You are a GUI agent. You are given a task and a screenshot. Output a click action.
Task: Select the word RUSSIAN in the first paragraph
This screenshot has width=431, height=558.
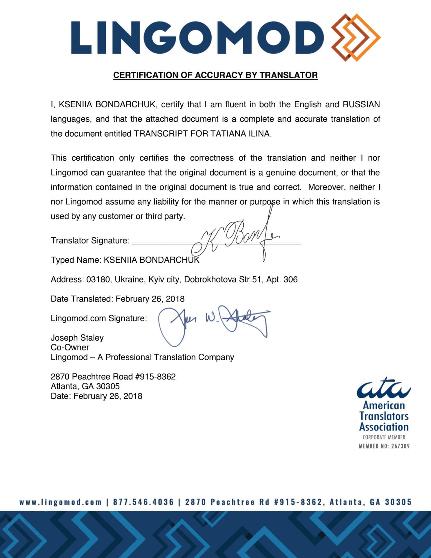tap(361, 104)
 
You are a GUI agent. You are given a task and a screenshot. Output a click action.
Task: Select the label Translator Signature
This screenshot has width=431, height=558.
tap(90, 241)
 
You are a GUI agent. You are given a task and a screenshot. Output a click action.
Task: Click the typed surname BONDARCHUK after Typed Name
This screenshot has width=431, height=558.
tap(169, 260)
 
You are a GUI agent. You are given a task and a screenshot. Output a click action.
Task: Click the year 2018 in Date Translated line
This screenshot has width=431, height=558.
tap(175, 299)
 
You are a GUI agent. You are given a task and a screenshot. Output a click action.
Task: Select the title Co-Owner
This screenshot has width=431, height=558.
tap(70, 347)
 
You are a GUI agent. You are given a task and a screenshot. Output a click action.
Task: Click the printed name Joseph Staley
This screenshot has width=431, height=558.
tap(77, 338)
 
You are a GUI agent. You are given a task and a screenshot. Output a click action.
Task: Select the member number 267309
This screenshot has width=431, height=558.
tap(400, 446)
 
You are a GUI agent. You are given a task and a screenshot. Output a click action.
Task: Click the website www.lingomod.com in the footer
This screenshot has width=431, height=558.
tap(61, 502)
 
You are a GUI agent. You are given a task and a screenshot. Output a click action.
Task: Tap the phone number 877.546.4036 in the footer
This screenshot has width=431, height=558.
tap(143, 502)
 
